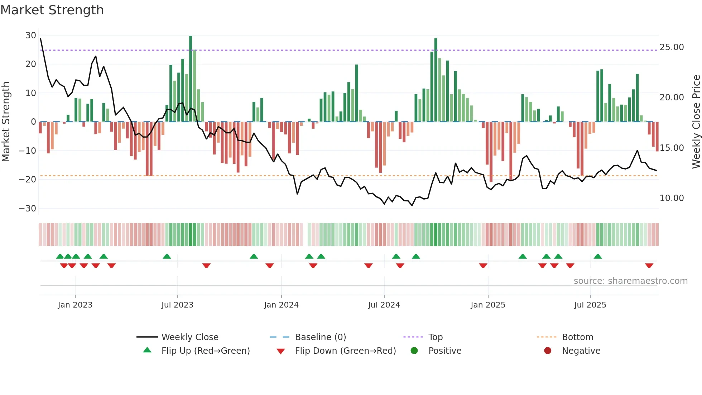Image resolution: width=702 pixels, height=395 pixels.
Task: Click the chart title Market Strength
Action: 52,10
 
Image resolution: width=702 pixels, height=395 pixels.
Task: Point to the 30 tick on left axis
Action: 31,35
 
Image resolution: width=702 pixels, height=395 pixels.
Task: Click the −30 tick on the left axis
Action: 28,208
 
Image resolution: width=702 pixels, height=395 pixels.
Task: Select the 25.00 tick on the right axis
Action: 672,47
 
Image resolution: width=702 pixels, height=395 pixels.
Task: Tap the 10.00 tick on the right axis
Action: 672,198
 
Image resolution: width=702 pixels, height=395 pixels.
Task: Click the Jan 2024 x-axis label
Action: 281,305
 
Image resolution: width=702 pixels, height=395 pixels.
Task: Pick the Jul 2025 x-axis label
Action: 590,305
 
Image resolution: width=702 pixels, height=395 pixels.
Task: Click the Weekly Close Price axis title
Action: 696,122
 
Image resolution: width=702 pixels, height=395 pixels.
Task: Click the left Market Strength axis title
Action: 6,122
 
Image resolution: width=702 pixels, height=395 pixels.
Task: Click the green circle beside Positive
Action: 414,351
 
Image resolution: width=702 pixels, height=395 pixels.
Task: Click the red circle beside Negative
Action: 548,351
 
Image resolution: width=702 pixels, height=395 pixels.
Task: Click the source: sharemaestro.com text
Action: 630,281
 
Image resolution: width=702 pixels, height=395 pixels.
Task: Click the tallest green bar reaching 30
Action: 191,79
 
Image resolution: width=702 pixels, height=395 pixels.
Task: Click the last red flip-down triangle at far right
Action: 649,266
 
